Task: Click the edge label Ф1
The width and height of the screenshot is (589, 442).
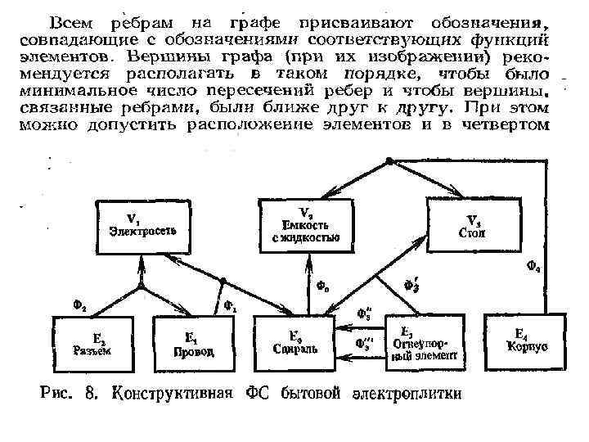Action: pyautogui.click(x=231, y=308)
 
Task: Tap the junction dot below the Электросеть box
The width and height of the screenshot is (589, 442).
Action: pyautogui.click(x=142, y=287)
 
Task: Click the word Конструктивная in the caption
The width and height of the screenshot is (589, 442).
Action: pyautogui.click(x=171, y=392)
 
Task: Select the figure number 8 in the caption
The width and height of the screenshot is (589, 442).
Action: pyautogui.click(x=91, y=392)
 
